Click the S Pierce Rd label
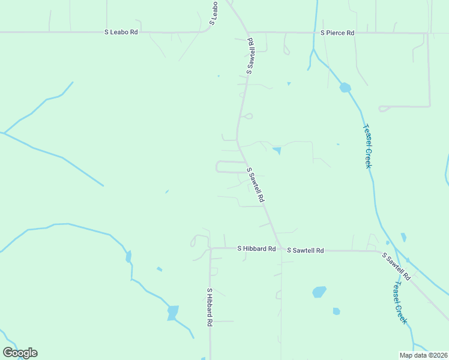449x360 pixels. (x=337, y=32)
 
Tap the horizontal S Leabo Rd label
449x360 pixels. (x=121, y=32)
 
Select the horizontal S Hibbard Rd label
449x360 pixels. (x=256, y=248)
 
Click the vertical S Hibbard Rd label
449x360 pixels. (x=210, y=307)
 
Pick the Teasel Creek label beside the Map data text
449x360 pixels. (x=399, y=302)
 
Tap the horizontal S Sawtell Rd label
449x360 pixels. (x=305, y=250)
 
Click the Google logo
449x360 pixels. (x=20, y=352)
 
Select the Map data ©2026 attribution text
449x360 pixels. (x=423, y=355)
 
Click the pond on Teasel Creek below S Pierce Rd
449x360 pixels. (x=345, y=88)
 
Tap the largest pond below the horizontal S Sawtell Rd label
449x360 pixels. (x=319, y=292)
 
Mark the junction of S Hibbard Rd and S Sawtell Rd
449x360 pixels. (x=280, y=248)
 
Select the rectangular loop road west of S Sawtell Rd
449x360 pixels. (x=231, y=166)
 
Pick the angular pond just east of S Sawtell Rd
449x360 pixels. (x=276, y=150)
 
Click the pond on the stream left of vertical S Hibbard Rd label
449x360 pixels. (x=173, y=313)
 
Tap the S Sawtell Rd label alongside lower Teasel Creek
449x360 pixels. (x=396, y=266)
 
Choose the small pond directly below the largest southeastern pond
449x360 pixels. (x=336, y=311)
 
